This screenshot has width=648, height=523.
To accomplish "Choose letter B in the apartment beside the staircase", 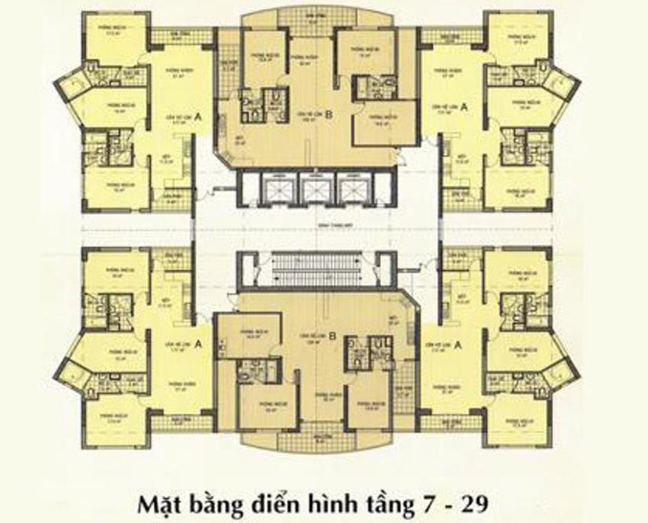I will coord(333,336).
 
